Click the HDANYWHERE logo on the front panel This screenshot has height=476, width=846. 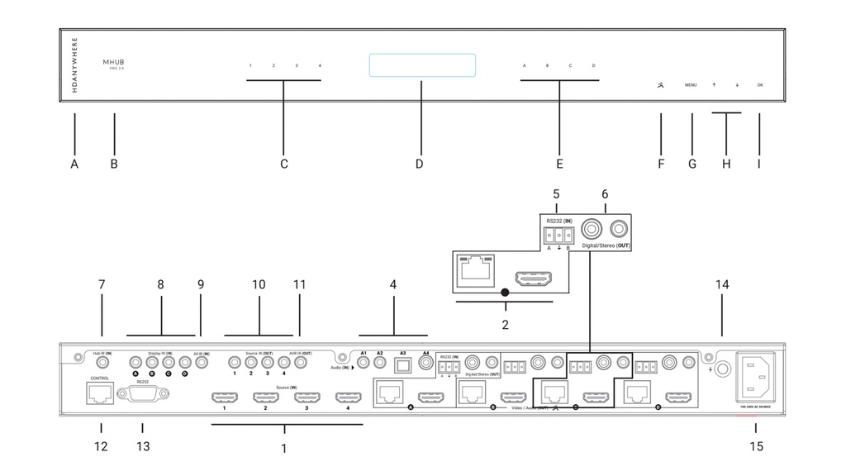pyautogui.click(x=74, y=64)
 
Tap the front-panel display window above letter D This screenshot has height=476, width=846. pyautogui.click(x=421, y=66)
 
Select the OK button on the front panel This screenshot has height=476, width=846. pyautogui.click(x=759, y=85)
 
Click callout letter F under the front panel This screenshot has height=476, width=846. pyautogui.click(x=660, y=164)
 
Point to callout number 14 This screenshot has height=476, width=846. pyautogui.click(x=722, y=284)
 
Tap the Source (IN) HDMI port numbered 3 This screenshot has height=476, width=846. pyautogui.click(x=307, y=398)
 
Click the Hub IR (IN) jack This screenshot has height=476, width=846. pyautogui.click(x=103, y=361)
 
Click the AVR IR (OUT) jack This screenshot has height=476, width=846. pyautogui.click(x=300, y=361)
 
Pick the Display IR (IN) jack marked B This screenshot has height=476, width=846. pyautogui.click(x=152, y=361)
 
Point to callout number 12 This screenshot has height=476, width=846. pyautogui.click(x=101, y=447)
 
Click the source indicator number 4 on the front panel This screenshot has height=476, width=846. pyautogui.click(x=320, y=65)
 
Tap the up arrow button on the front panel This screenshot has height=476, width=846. pyautogui.click(x=714, y=85)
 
